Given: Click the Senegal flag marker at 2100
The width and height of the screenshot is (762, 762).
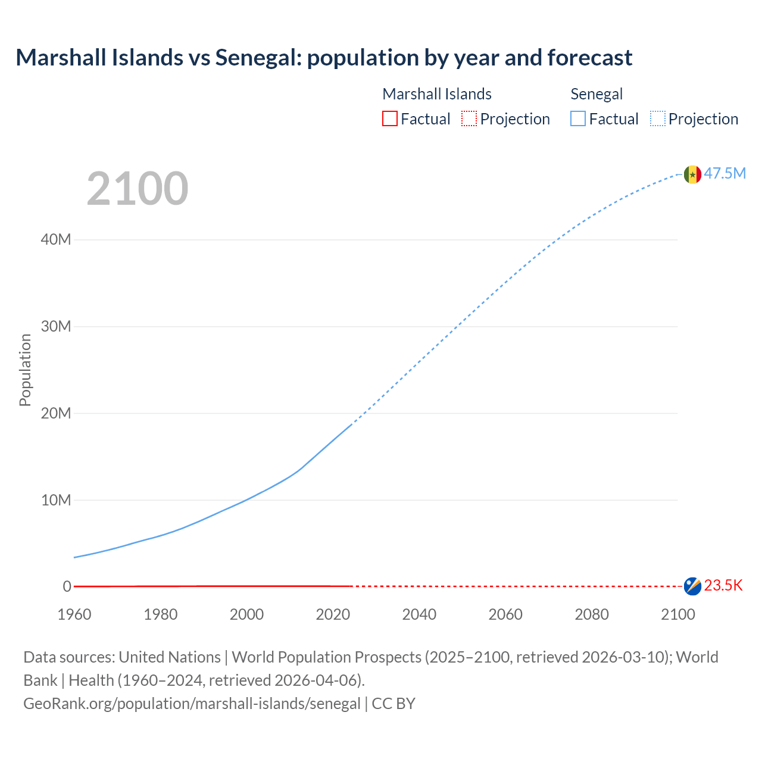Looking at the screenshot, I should coord(692,174).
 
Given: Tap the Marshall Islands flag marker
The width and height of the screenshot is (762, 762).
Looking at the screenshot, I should coord(692,586).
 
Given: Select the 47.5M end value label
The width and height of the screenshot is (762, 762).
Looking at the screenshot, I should coord(724,173).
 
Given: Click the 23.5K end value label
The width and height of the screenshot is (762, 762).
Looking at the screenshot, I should coord(723,586).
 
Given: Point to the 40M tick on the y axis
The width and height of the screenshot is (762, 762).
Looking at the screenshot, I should coord(56,240).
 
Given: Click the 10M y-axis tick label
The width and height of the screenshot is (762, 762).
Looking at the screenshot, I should coord(56,500).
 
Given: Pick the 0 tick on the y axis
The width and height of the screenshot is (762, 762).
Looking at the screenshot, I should coord(67,587).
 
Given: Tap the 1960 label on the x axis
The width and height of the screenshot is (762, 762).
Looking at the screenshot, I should coord(74,614).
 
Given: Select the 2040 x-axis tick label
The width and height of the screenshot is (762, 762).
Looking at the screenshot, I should coord(419,614).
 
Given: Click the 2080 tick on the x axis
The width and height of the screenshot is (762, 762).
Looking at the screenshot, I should coord(592,614).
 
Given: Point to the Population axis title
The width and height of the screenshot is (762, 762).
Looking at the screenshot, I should coord(25,370).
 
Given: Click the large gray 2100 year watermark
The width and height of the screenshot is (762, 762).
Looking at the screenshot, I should coord(138,189).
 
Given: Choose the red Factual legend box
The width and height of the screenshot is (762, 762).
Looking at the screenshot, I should coord(389,118).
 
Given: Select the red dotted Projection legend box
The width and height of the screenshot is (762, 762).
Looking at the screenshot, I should coord(469,118).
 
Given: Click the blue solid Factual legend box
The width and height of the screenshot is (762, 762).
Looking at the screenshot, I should coord(578,118).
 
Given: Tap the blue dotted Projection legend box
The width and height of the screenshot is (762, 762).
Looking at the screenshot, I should coord(658,118).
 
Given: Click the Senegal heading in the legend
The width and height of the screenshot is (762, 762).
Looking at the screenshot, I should coord(597,94).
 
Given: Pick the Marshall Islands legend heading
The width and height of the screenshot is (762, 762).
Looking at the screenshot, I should coord(437,94).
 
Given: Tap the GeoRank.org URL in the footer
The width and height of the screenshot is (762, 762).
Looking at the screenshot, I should coord(192,704).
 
